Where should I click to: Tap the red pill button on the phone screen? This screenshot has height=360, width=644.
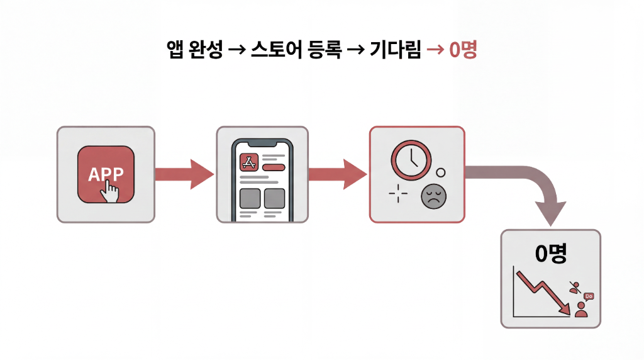pos(274,167)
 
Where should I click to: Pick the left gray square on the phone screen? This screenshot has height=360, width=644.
pos(250,198)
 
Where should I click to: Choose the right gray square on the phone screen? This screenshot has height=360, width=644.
pos(275,198)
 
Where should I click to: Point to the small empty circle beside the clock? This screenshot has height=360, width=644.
pos(440,172)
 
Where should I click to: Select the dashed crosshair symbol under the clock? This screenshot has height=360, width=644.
pos(398,194)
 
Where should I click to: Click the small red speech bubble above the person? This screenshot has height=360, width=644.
pos(589,296)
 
